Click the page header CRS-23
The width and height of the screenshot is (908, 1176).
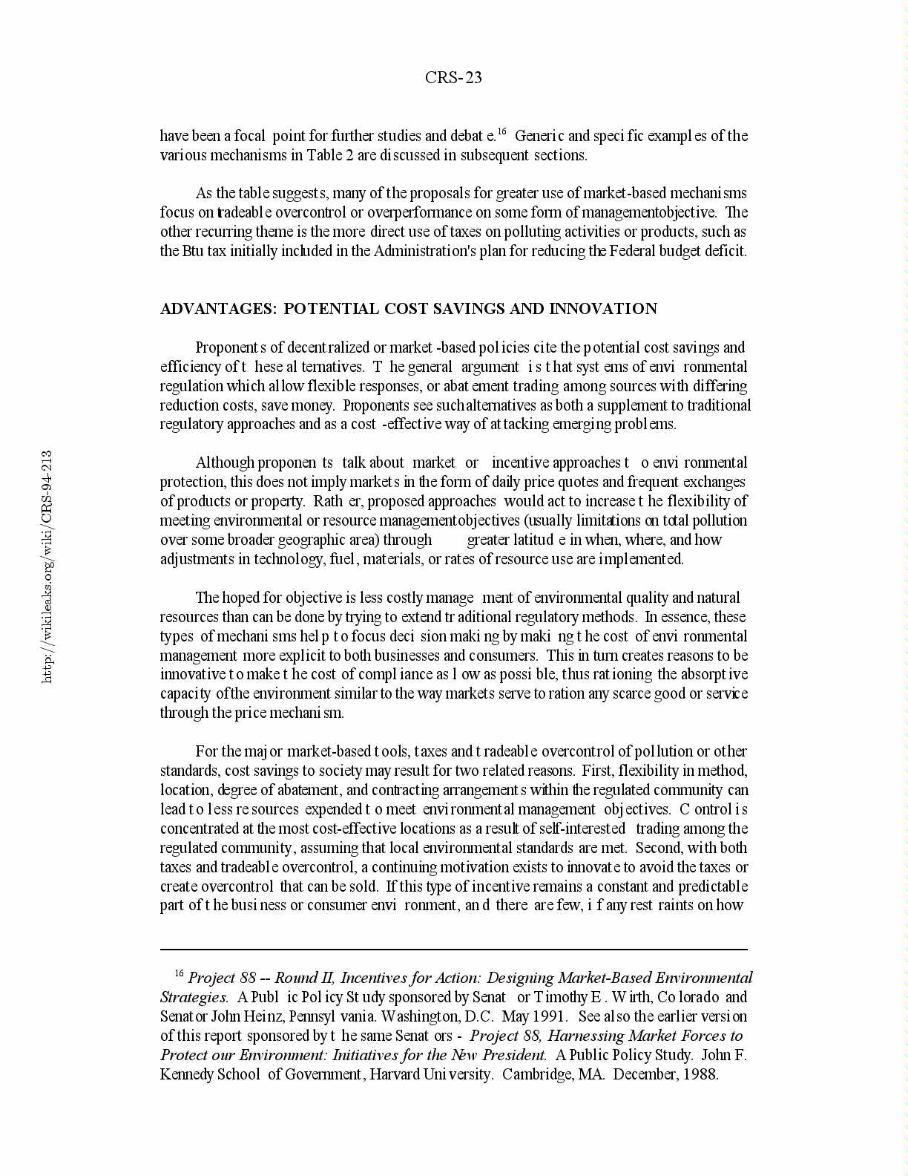point(453,78)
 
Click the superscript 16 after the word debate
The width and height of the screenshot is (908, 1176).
point(501,132)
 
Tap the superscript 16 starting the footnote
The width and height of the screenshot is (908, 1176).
point(179,973)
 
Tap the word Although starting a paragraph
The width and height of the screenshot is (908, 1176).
point(225,463)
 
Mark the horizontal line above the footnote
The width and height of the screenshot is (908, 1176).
point(453,949)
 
